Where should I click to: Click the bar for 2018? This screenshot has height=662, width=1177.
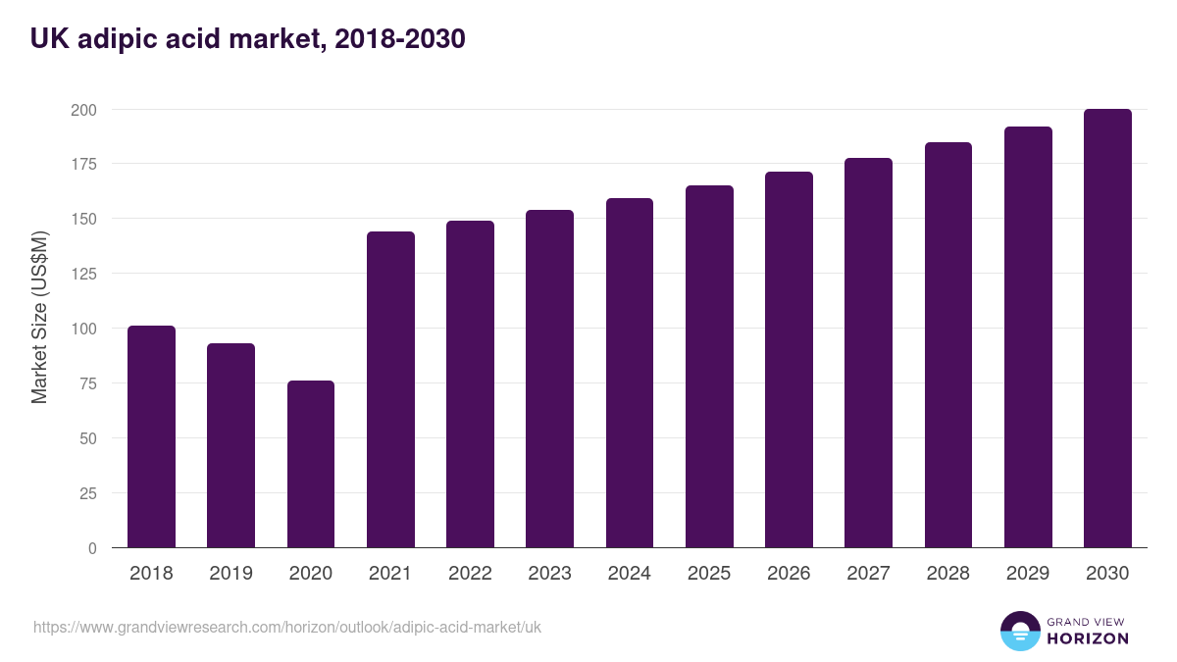[151, 436]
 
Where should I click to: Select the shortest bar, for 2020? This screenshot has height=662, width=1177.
[311, 464]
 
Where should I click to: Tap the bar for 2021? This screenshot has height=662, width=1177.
[390, 389]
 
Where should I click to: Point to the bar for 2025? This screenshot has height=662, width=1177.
[709, 366]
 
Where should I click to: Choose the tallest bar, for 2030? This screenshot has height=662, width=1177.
[1107, 329]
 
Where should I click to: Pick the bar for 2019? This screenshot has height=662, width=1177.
[231, 445]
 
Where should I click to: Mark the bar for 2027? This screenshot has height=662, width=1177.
[868, 352]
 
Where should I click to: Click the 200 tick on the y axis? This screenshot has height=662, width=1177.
[83, 109]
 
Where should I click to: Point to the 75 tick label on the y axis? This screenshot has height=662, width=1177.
[87, 383]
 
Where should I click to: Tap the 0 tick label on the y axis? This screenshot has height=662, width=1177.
[92, 548]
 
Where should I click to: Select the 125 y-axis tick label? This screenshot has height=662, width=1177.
[83, 274]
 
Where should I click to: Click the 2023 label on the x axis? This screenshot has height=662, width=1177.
[549, 574]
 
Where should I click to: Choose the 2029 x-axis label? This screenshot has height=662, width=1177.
[1028, 574]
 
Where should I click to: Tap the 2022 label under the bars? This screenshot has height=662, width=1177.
[470, 574]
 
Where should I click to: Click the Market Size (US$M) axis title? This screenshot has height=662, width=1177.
[39, 318]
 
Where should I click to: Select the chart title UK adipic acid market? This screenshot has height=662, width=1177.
[247, 39]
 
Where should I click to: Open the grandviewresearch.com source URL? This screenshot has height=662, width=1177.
[287, 627]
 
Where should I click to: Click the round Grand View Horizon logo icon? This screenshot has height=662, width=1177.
[1019, 631]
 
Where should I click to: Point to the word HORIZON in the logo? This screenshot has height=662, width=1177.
[1088, 638]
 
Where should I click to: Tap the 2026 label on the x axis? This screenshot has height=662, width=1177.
[789, 574]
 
